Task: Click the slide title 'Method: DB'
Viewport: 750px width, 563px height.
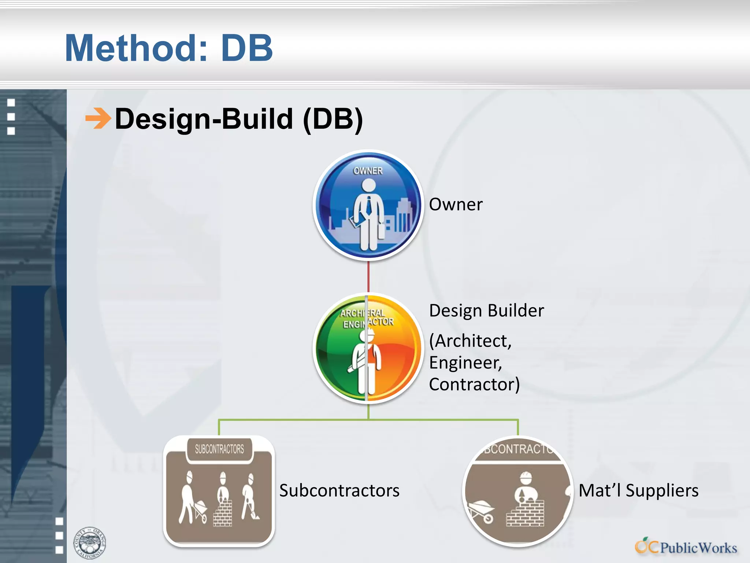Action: pos(169,48)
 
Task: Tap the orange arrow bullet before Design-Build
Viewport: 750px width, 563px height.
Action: pos(98,118)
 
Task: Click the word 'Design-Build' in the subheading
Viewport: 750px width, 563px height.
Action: pos(204,119)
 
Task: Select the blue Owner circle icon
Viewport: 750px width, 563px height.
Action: pos(368,205)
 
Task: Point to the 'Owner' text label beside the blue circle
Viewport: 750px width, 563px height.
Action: pos(456,205)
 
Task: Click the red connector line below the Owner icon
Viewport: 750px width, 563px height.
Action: pos(368,277)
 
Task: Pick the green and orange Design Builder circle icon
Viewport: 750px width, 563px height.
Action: pos(368,348)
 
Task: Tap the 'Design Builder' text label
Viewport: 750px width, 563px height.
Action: pos(486,311)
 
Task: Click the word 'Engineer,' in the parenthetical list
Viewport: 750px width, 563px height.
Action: pos(465,363)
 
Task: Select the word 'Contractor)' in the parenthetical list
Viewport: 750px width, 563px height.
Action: pos(474,384)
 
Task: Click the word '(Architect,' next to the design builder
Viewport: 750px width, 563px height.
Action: pos(470,341)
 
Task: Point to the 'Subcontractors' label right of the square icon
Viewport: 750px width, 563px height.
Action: pos(339,490)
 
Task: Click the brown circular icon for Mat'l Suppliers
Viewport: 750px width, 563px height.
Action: pos(518,491)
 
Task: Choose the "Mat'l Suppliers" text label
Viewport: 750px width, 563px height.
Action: pos(638,490)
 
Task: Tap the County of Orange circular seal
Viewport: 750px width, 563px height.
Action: pos(89,543)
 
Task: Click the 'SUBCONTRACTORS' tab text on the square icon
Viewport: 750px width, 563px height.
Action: pos(219,449)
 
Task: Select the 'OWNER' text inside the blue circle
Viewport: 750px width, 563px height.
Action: pos(368,171)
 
